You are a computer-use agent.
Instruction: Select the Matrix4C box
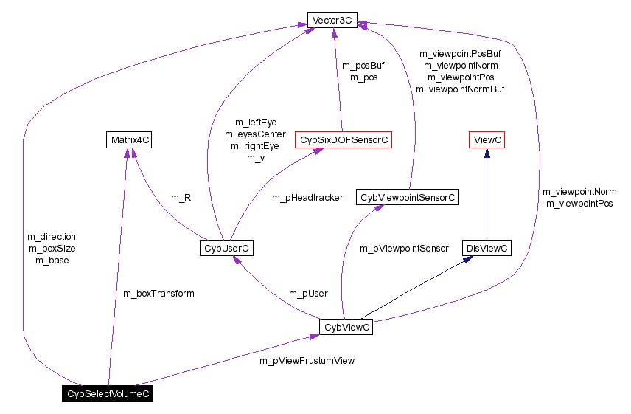130,139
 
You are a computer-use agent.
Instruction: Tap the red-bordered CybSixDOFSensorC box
343,139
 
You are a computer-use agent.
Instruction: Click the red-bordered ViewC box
487,139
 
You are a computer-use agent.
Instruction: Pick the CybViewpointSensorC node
408,197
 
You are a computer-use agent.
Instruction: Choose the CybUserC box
226,249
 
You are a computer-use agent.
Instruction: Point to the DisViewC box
486,249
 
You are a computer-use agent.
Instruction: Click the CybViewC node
346,327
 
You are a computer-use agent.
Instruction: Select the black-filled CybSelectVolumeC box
108,394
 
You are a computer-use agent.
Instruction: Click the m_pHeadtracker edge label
307,198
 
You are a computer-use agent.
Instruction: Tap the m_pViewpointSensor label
404,249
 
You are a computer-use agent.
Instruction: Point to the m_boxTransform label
158,294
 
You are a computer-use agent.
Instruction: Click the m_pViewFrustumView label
307,361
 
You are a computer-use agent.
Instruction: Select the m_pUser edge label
308,294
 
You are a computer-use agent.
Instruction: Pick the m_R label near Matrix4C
181,198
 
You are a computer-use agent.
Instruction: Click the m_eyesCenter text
255,134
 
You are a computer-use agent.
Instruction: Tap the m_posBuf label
363,65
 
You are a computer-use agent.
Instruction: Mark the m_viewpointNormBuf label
460,89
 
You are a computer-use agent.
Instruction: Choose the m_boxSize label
52,249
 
